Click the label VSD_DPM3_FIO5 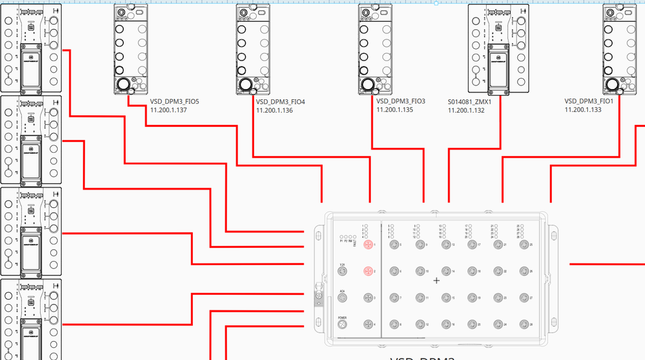coord(174,102)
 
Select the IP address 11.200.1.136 coord(274,110)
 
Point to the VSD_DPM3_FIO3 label coord(401,101)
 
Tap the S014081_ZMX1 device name coord(470,102)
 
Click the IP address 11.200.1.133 coord(583,109)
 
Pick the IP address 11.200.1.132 coord(466,110)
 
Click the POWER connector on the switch coord(343,324)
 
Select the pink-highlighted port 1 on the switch coord(368,244)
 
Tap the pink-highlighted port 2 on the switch coord(368,271)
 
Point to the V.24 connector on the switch coord(343,271)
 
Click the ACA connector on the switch coord(343,298)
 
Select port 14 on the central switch coord(445,271)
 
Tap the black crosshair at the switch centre coord(437,281)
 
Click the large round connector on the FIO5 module coord(124,85)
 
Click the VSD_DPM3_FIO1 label coord(589,101)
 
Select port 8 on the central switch coord(394,324)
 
